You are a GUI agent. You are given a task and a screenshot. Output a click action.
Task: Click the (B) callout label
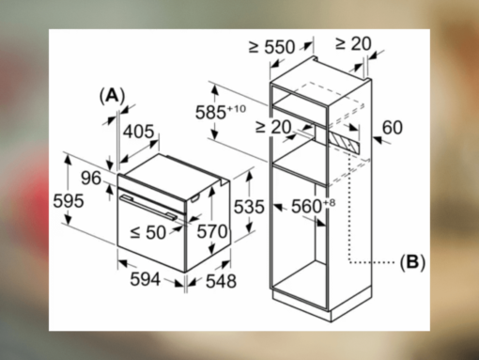[411, 262]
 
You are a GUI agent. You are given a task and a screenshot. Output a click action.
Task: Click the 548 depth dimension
[220, 281]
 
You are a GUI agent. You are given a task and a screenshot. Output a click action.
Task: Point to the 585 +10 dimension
[222, 111]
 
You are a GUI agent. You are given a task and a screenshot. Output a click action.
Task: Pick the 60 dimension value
[393, 127]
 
